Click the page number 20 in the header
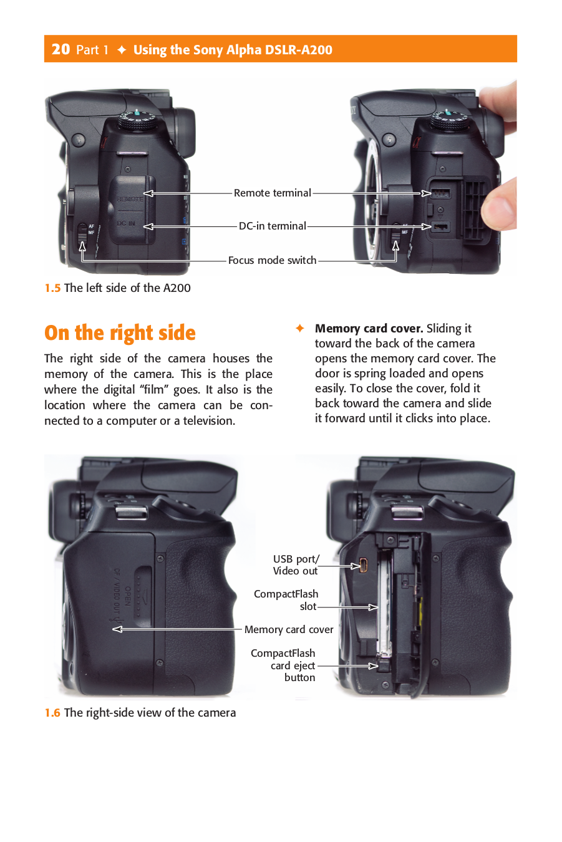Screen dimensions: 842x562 click(x=61, y=49)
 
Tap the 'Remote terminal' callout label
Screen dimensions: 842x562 click(x=272, y=193)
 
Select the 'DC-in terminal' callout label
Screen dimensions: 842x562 click(x=272, y=226)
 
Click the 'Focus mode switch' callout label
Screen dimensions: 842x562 click(x=272, y=261)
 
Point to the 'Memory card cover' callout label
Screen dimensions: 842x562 click(x=289, y=630)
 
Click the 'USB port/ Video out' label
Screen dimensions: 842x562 click(x=296, y=565)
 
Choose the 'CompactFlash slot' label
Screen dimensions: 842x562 click(x=286, y=600)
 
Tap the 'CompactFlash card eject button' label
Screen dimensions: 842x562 click(x=284, y=665)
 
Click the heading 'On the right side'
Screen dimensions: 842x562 click(x=120, y=333)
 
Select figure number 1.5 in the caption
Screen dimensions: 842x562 click(x=52, y=288)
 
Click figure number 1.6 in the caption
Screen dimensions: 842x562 click(x=52, y=713)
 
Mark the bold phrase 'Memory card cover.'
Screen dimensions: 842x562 click(x=369, y=329)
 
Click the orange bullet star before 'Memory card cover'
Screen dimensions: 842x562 click(x=300, y=328)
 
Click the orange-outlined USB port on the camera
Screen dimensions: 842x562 click(x=364, y=566)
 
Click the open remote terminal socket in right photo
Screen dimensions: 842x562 click(x=440, y=193)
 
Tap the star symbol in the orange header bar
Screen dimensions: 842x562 click(x=122, y=50)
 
